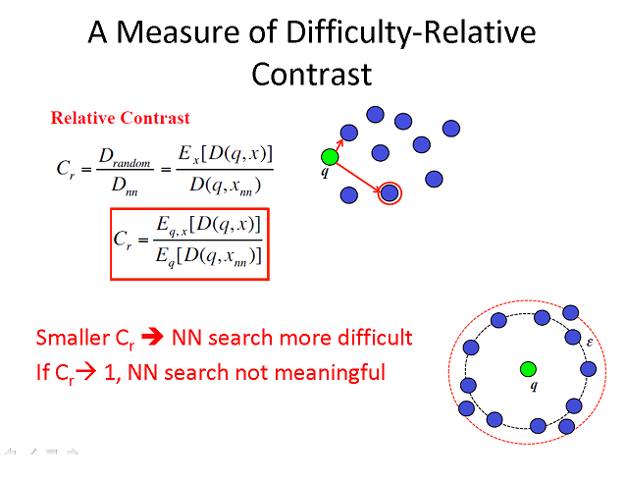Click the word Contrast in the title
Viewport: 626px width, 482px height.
(312, 75)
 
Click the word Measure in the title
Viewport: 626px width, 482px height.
(178, 32)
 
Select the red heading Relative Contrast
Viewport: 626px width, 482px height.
(120, 118)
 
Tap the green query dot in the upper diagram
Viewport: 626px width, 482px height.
(330, 157)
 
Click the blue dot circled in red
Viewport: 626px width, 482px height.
(390, 193)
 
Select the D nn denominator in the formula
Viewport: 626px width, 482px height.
(125, 187)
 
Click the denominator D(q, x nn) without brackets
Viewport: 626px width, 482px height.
(225, 186)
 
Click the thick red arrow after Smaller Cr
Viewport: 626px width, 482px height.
(152, 337)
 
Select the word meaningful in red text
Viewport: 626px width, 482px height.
(330, 373)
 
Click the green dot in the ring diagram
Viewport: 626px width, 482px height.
(528, 369)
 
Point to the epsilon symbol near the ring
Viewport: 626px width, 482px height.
(590, 343)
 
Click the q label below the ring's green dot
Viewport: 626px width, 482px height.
(534, 386)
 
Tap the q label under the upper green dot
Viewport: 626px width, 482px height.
(325, 172)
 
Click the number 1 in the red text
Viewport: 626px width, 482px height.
(110, 373)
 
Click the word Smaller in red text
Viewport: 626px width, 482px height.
(73, 338)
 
